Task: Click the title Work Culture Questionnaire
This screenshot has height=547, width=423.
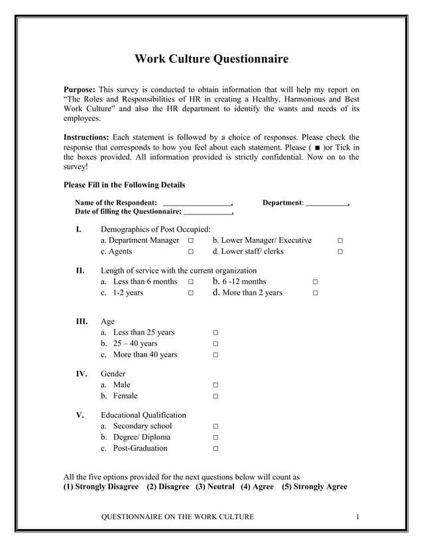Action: point(211,59)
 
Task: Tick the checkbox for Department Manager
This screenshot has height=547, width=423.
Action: point(190,241)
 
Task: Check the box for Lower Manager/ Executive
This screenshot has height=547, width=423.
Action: point(339,241)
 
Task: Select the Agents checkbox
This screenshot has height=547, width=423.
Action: point(190,252)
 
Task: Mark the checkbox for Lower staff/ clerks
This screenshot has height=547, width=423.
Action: point(339,252)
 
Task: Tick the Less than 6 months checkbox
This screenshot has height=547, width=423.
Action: point(190,282)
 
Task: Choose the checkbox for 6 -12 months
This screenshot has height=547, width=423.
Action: point(315,282)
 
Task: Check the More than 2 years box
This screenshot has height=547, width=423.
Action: point(315,293)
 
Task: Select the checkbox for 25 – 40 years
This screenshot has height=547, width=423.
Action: point(216,344)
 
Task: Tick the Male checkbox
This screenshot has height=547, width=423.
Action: point(216,385)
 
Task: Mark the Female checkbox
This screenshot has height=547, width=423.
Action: point(216,397)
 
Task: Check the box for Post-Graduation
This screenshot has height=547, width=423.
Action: point(216,449)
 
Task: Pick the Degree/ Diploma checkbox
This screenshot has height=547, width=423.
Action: point(216,438)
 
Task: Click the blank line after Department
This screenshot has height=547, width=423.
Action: point(327,203)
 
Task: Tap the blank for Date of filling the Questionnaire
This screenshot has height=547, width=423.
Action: point(208,212)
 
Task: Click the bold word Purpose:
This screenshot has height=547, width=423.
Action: point(80,89)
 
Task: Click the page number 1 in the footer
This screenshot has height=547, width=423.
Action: point(357,517)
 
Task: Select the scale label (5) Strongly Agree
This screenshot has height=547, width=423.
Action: point(314,487)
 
